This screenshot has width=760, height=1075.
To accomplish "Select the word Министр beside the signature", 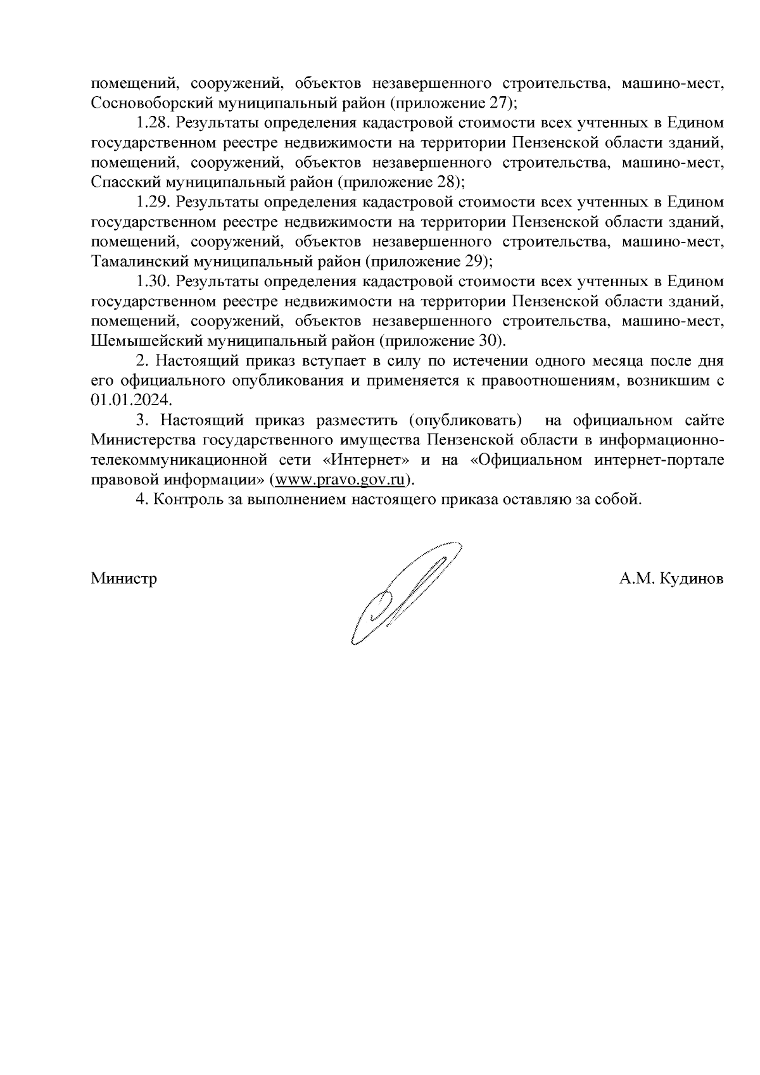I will point(124,579).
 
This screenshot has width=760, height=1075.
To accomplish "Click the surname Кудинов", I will point(691,579).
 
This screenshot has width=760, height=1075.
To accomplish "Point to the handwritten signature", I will point(405,592).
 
